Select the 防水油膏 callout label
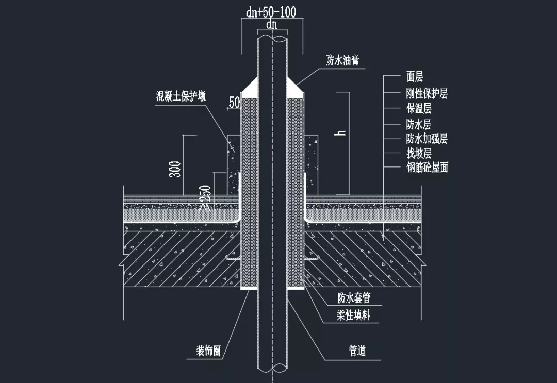coord(342,60)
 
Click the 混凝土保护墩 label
coord(181,95)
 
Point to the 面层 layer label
coord(415,77)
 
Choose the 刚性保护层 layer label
coord(427,93)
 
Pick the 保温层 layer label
coord(419,109)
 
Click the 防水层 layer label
coord(419,124)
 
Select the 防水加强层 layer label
coord(427,139)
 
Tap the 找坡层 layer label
coord(419,153)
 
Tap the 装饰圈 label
coord(208,351)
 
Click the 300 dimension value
coord(175,169)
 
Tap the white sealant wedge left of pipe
coord(251,89)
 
